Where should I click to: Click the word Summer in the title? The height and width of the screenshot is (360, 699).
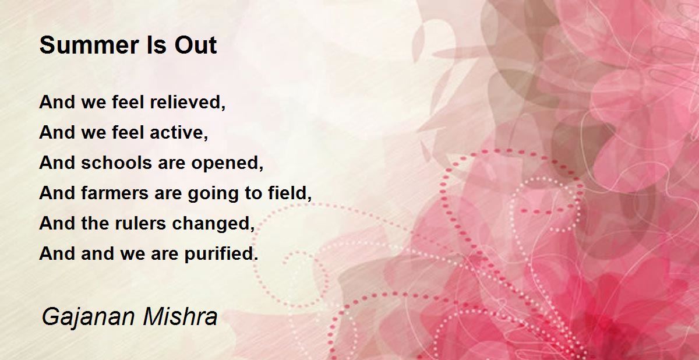tap(89, 45)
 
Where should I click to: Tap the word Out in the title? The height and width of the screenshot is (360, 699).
tap(196, 45)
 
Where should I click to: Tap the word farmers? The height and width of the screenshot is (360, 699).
tap(114, 193)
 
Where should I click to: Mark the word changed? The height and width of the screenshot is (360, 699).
tap(211, 223)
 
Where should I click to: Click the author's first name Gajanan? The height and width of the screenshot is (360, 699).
tap(88, 317)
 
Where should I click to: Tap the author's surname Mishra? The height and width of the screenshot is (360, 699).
tap(180, 317)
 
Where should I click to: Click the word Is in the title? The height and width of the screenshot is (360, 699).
tap(156, 45)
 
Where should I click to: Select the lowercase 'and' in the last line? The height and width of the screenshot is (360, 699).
tap(97, 253)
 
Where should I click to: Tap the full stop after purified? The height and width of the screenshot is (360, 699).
tap(256, 259)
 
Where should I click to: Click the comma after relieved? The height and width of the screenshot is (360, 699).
tap(223, 107)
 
